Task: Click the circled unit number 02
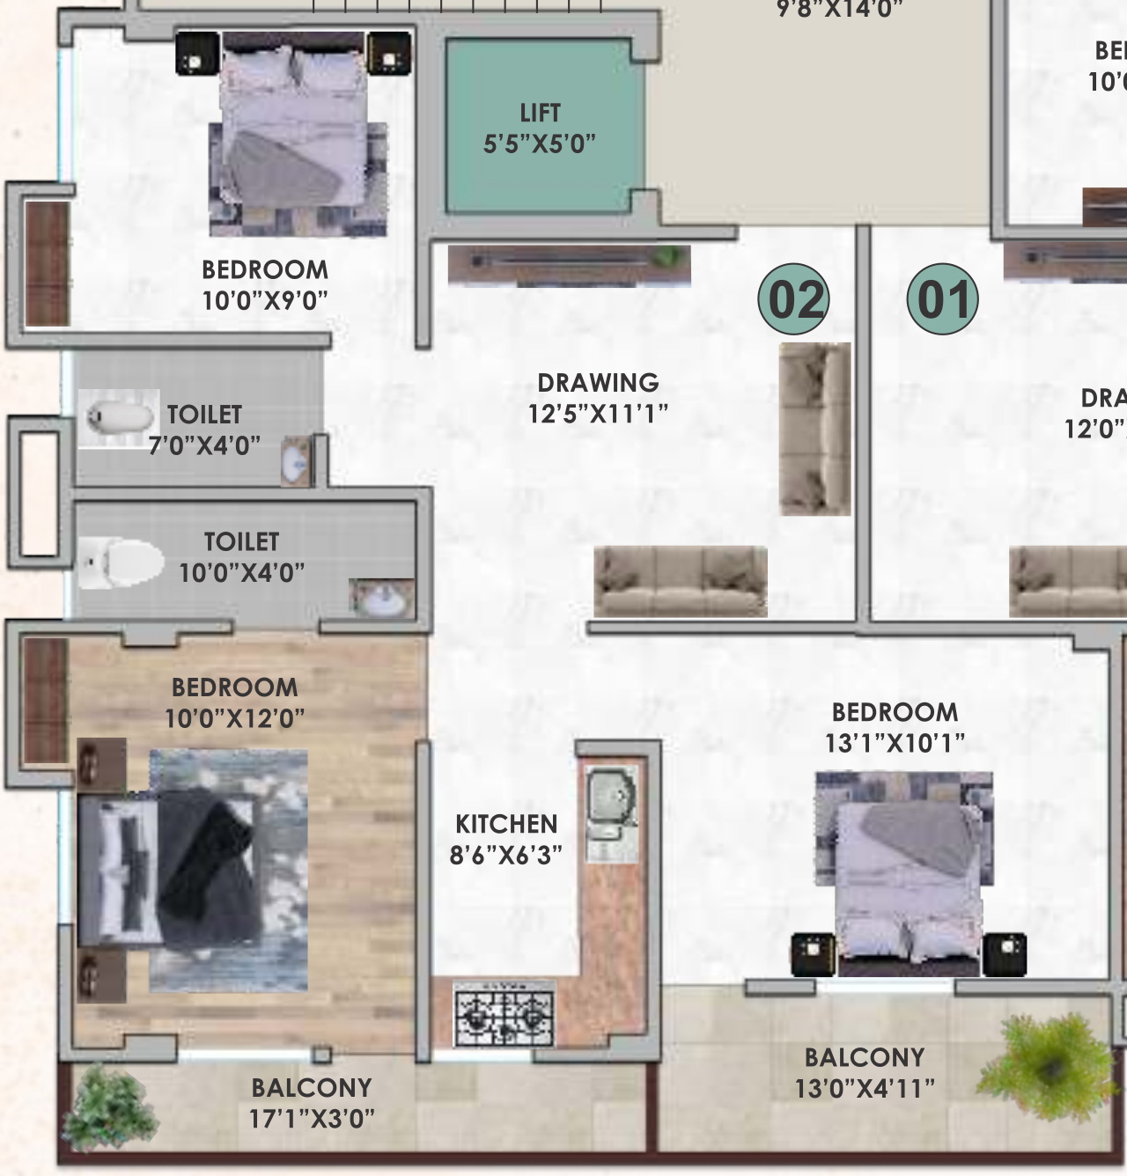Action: tap(794, 299)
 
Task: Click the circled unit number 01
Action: tap(942, 299)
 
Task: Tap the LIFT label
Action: tap(540, 114)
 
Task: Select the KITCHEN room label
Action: tap(506, 824)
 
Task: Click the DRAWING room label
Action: tap(598, 383)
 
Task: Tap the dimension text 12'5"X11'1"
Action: tap(598, 414)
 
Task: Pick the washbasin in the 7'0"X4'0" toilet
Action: tap(297, 460)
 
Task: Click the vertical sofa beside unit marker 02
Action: tap(815, 429)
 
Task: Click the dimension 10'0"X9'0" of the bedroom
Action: tap(264, 301)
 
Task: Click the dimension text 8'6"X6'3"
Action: tap(506, 855)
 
